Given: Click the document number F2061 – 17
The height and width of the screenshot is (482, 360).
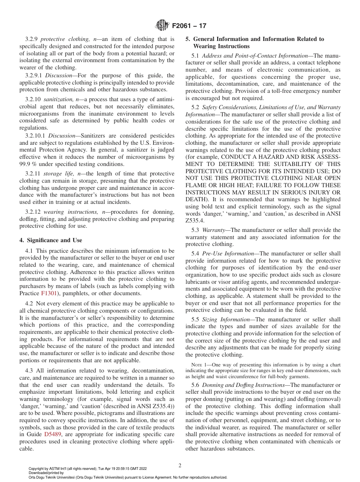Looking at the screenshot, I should tap(189, 26).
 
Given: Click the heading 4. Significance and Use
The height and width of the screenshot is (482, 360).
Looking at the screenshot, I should tap(50, 240).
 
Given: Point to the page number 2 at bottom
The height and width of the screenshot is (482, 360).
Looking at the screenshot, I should tap(180, 465).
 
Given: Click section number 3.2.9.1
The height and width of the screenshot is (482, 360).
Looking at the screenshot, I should tap(34, 75).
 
